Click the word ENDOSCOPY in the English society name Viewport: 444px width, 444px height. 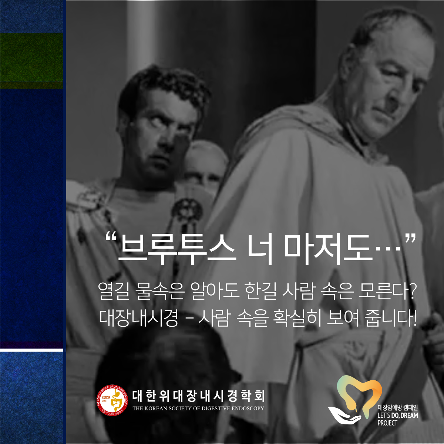tap(248, 408)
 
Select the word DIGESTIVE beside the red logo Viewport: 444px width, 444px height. tap(216, 408)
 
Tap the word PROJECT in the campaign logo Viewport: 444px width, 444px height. tap(387, 423)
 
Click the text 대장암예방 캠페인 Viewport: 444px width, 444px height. tap(397, 408)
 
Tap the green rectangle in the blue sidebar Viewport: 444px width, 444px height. tap(31, 61)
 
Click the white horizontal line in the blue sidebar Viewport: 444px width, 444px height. tap(31, 350)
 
